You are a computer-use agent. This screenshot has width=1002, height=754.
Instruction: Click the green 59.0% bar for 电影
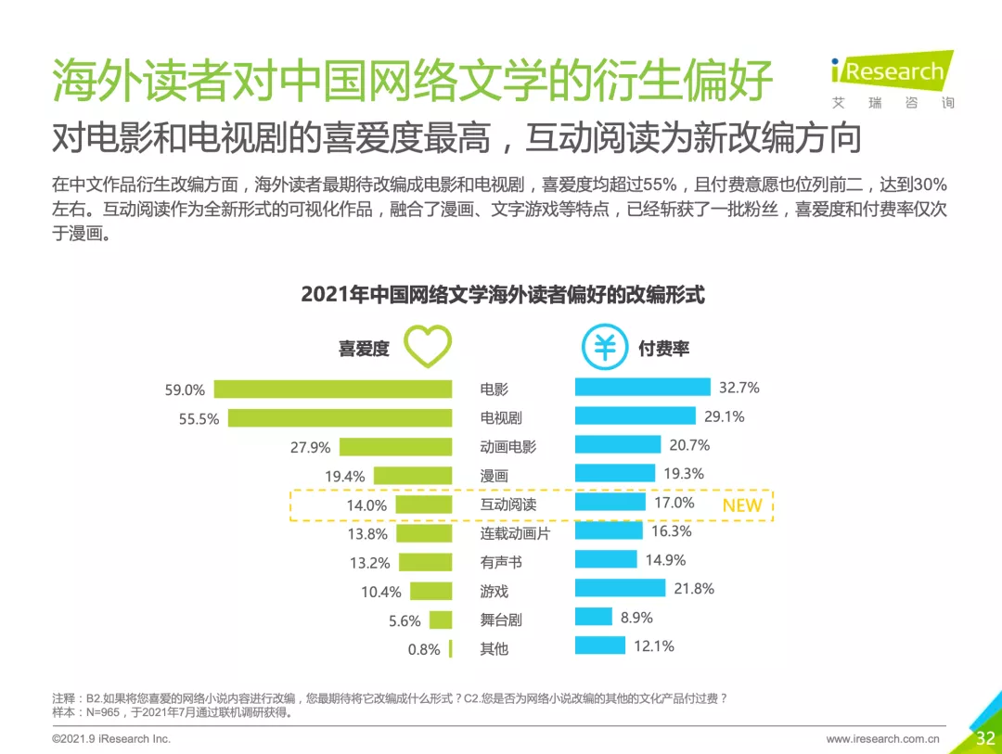coord(332,390)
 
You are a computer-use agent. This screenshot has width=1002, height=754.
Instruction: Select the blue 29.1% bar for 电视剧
coord(635,416)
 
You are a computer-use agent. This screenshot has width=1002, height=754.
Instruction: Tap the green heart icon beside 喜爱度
coord(428,347)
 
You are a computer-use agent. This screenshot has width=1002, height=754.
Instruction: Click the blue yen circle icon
coord(604,348)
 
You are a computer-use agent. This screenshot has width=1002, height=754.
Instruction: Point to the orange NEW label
coord(741,505)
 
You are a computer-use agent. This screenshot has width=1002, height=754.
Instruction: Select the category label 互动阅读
coord(507,505)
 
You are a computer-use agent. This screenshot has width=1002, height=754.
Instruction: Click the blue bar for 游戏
coord(620,588)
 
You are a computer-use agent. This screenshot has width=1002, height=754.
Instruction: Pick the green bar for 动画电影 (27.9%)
coord(395,446)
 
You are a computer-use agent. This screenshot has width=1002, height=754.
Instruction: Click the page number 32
coord(984,738)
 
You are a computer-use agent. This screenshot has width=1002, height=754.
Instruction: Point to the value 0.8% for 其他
coord(424,649)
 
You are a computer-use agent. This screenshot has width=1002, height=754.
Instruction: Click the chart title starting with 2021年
coord(502,294)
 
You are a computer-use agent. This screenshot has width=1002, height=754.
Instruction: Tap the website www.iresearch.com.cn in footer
coord(882,739)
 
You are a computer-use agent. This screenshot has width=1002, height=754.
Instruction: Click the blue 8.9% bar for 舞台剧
coord(593,617)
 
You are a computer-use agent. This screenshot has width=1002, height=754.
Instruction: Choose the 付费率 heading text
coord(663,349)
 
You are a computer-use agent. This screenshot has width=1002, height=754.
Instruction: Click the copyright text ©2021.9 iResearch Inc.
coord(111,739)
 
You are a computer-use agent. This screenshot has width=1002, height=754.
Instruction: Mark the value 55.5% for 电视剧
coord(199,419)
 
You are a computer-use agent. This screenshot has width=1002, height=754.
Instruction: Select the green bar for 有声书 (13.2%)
coord(425,562)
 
